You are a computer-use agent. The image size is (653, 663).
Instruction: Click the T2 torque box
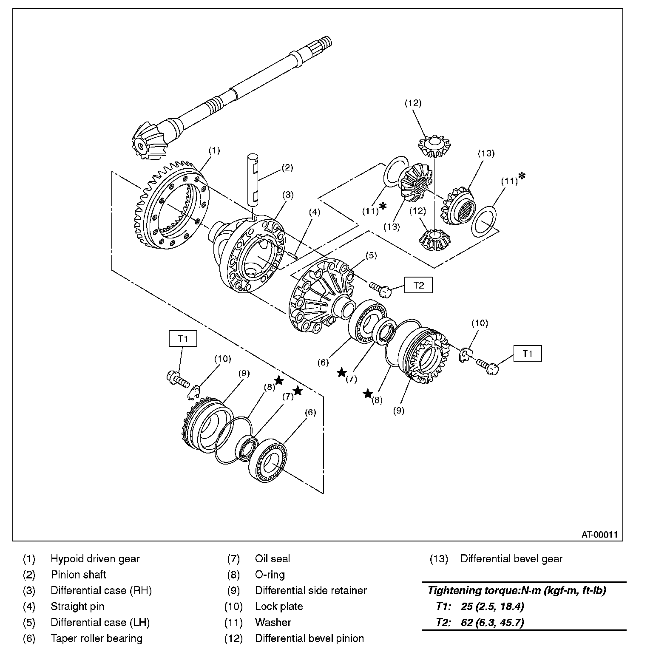tap(418, 285)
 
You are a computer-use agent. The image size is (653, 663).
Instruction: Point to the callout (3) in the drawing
tap(288, 195)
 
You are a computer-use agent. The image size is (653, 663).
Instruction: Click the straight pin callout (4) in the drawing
tap(315, 212)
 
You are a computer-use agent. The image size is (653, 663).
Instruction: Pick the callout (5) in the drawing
tap(371, 255)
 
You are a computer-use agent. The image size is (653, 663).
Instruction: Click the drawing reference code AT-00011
tap(599, 535)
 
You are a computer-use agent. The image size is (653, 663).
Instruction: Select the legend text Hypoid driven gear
tap(95, 559)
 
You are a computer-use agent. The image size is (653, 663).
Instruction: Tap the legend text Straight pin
tap(77, 606)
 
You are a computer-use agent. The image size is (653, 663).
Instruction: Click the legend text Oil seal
tap(273, 559)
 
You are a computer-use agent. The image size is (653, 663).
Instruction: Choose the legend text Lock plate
tap(279, 606)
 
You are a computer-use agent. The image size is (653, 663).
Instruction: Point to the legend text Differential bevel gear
tap(511, 559)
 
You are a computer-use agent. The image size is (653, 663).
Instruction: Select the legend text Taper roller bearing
tap(97, 638)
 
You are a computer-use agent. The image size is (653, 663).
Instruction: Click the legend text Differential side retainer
tap(311, 590)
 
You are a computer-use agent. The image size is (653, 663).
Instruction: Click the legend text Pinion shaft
tap(79, 575)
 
